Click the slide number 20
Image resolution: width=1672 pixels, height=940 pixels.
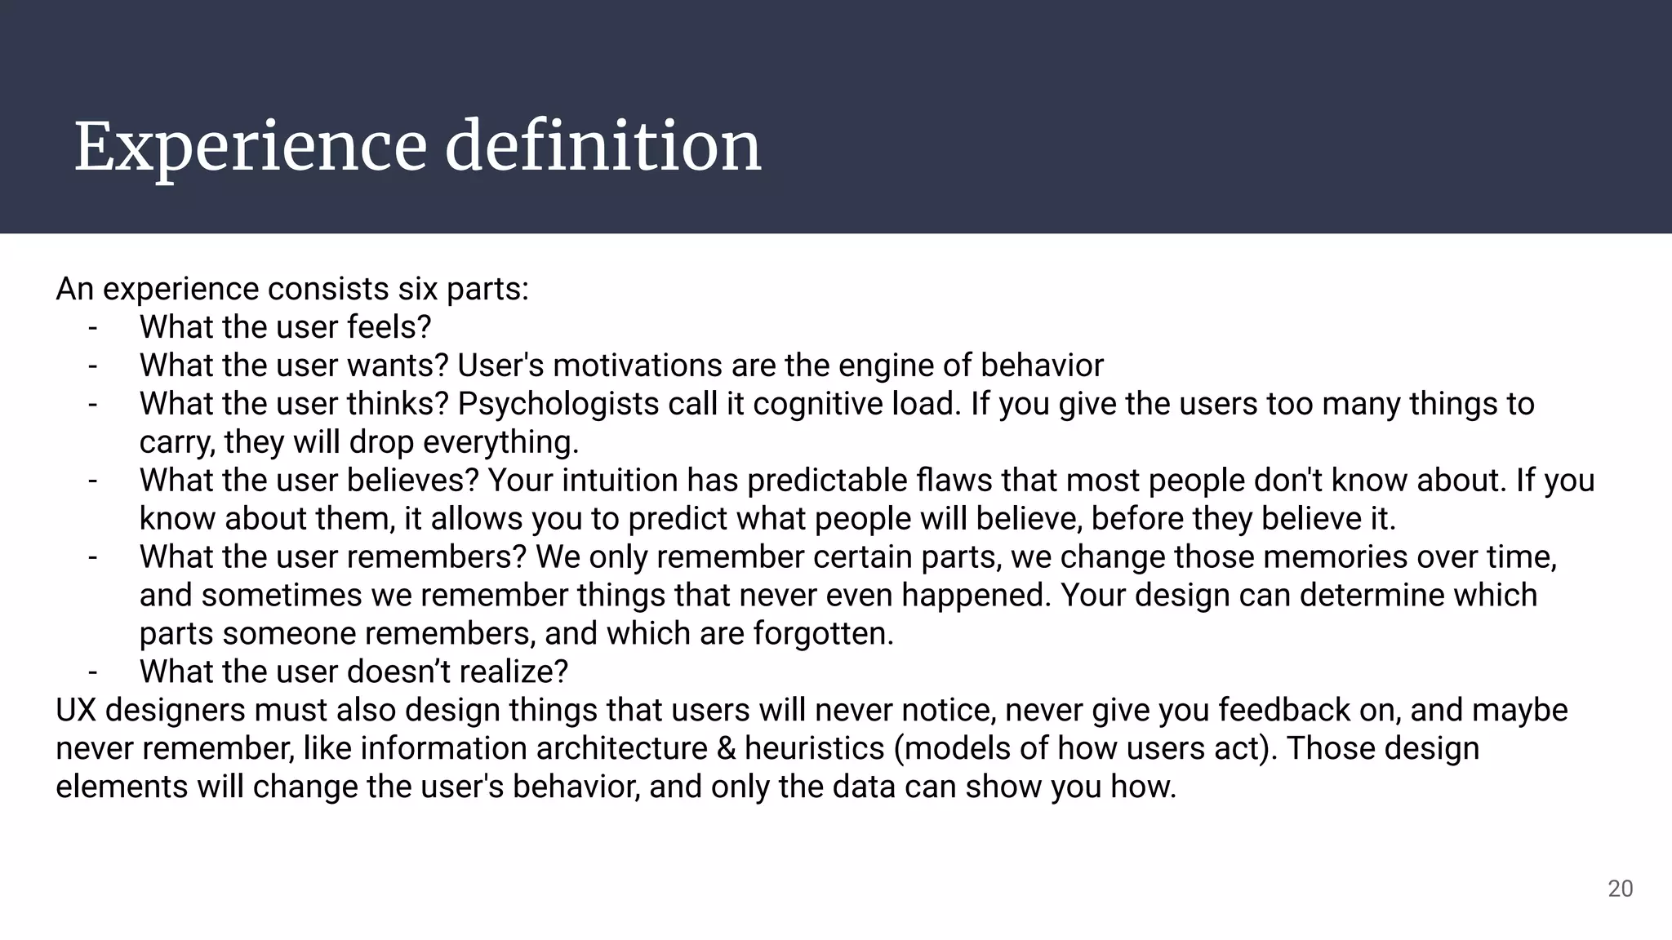[x=1620, y=889]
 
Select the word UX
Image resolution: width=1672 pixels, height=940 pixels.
[x=76, y=711]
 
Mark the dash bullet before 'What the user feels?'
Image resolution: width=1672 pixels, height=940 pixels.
[x=93, y=327]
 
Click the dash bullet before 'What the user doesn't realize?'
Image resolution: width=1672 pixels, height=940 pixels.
[x=93, y=672]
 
